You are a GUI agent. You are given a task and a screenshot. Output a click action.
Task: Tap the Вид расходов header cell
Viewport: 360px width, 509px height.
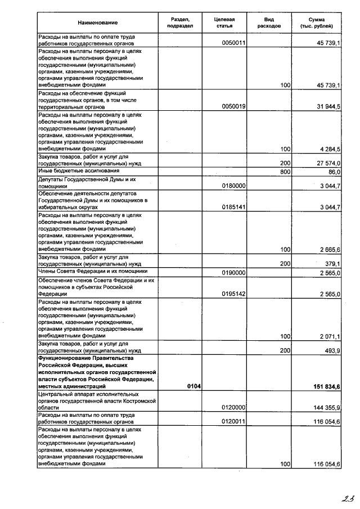coord(268,22)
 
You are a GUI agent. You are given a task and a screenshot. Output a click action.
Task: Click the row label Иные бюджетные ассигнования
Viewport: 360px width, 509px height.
coord(79,170)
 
